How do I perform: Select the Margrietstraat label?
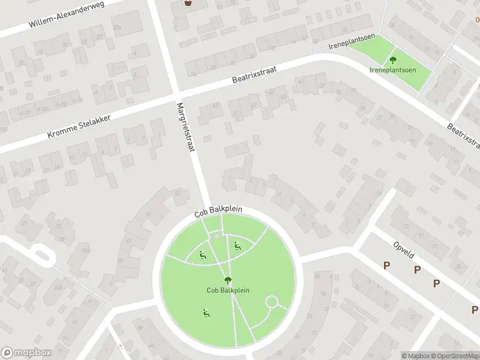(187, 128)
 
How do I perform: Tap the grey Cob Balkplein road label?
(226, 212)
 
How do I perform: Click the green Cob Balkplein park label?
(228, 290)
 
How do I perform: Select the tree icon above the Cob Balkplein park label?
(228, 280)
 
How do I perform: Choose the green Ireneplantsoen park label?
(393, 69)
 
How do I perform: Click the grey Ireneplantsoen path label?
(352, 43)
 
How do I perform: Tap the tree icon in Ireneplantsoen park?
(393, 59)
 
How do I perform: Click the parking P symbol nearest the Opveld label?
(387, 265)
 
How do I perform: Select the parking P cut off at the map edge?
(475, 310)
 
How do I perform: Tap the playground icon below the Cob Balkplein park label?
(206, 312)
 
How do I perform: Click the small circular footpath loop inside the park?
(272, 302)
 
